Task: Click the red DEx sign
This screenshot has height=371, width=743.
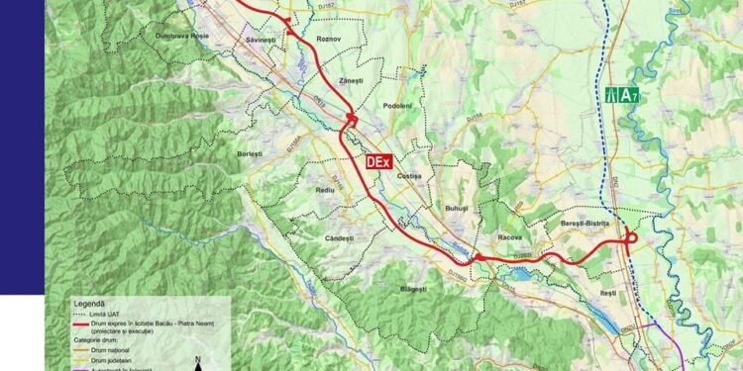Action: click(x=378, y=161)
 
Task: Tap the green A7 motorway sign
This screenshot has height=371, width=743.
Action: click(x=620, y=96)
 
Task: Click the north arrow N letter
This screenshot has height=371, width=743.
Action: click(x=199, y=358)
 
